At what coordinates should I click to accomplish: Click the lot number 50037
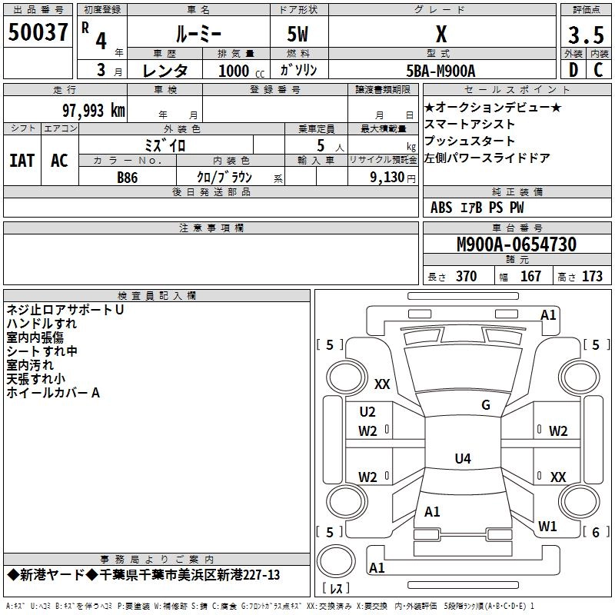(38, 33)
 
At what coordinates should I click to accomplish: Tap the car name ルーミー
(198, 34)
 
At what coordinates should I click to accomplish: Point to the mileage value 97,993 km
(93, 110)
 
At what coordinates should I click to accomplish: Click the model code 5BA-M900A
(440, 71)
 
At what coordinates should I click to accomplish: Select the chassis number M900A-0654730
(517, 244)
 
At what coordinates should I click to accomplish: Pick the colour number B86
(128, 177)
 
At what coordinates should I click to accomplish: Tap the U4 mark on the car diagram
(462, 459)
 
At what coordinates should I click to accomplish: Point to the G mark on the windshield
(485, 405)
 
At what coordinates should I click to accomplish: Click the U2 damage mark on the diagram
(367, 412)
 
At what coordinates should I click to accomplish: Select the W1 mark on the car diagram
(547, 527)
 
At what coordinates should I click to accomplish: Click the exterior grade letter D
(572, 71)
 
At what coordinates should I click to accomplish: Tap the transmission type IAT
(22, 161)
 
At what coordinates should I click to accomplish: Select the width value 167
(530, 277)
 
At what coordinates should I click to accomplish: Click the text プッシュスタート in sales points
(470, 141)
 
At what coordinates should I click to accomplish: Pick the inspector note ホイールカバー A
(54, 393)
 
